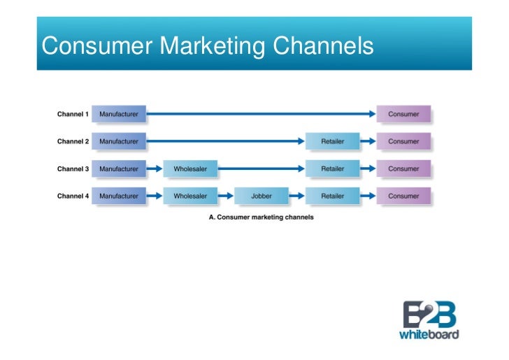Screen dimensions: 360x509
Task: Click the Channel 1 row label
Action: click(x=73, y=114)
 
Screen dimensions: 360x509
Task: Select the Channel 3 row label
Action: click(x=73, y=169)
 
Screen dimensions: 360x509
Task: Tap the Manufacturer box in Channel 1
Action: click(x=119, y=114)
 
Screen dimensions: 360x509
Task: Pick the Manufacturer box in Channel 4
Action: click(x=119, y=196)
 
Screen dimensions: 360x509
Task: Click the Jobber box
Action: click(x=261, y=196)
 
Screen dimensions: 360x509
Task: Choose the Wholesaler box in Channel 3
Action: click(x=190, y=169)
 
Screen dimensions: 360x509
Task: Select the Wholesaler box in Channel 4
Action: click(x=190, y=196)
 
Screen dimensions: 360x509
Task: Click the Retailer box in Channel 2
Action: click(x=333, y=141)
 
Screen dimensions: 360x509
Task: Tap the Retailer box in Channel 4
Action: click(x=333, y=196)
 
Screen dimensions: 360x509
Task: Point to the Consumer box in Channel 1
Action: click(x=404, y=114)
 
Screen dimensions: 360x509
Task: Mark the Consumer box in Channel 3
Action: click(x=404, y=169)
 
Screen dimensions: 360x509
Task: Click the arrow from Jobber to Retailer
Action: click(x=297, y=196)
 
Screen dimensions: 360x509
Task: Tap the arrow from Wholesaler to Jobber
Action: click(x=226, y=196)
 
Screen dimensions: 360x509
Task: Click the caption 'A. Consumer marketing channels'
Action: click(x=261, y=217)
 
